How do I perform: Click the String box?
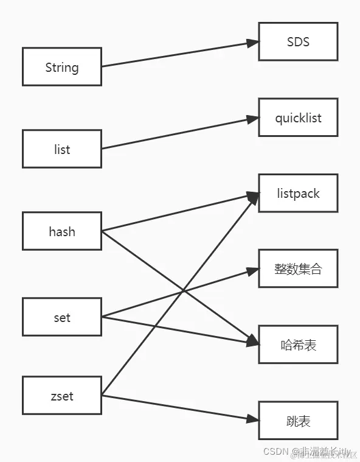pyautogui.click(x=62, y=67)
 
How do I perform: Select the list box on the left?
pyautogui.click(x=62, y=149)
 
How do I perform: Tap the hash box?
pyautogui.click(x=62, y=231)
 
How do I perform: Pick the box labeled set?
pyautogui.click(x=62, y=317)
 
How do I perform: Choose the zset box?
pyautogui.click(x=62, y=396)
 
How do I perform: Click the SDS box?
pyautogui.click(x=298, y=42)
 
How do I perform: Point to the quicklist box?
pyautogui.click(x=298, y=117)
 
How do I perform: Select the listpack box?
pyautogui.click(x=298, y=194)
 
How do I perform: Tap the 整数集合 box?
pyautogui.click(x=298, y=268)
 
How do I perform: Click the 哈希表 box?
pyautogui.click(x=298, y=345)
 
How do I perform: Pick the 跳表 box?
pyautogui.click(x=298, y=421)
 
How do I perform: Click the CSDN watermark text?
pyautogui.click(x=307, y=452)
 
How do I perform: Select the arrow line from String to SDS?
pyautogui.click(x=176, y=54)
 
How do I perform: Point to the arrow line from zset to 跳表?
pyautogui.click(x=176, y=408)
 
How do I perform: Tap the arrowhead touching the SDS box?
pyautogui.click(x=253, y=43)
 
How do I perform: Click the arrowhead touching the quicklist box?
pyautogui.click(x=253, y=119)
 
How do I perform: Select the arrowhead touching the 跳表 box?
pyautogui.click(x=253, y=419)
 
